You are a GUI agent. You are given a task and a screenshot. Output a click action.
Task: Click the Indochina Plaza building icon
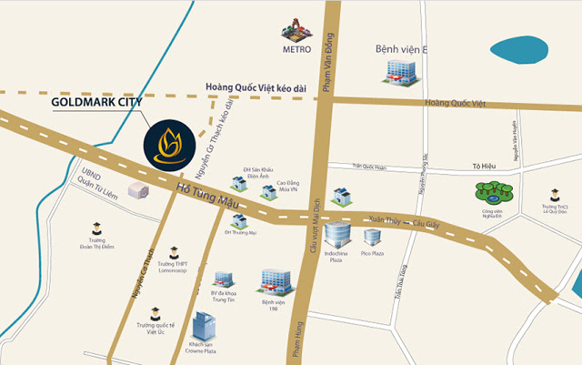click(336, 235)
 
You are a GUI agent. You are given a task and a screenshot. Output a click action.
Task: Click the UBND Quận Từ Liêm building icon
click(138, 190)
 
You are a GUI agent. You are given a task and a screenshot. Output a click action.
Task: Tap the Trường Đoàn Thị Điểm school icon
click(95, 228)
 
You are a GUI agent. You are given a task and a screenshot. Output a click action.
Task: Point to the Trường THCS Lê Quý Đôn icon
click(554, 194)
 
